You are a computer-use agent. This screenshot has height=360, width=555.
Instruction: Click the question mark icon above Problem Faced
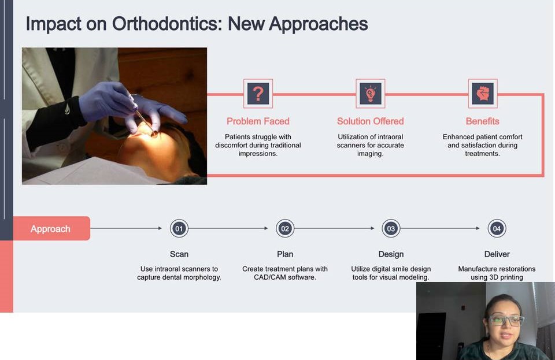pyautogui.click(x=258, y=94)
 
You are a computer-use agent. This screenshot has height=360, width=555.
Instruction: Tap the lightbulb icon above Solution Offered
pyautogui.click(x=370, y=94)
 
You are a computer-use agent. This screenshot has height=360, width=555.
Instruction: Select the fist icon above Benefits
pyautogui.click(x=482, y=94)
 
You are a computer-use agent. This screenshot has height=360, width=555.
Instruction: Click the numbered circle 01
pyautogui.click(x=179, y=228)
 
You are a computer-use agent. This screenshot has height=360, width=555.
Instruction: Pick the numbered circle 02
pyautogui.click(x=285, y=228)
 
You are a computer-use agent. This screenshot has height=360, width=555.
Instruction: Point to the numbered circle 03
pyautogui.click(x=391, y=228)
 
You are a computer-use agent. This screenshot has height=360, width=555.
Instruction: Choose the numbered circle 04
pyautogui.click(x=497, y=228)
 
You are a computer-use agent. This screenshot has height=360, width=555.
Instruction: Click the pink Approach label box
pyautogui.click(x=51, y=228)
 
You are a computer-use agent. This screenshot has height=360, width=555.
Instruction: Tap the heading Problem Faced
pyautogui.click(x=258, y=121)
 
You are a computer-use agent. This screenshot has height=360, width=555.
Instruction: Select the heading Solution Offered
pyautogui.click(x=370, y=121)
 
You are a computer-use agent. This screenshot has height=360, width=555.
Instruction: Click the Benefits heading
pyautogui.click(x=482, y=121)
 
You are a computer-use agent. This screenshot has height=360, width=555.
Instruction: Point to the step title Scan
pyautogui.click(x=179, y=254)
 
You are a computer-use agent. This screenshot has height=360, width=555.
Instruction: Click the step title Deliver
pyautogui.click(x=497, y=254)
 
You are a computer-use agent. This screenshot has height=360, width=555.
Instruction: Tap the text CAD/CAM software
pyautogui.click(x=285, y=277)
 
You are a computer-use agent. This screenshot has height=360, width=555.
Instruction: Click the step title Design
pyautogui.click(x=391, y=255)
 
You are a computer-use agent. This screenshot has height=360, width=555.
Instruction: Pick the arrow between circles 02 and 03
pyautogui.click(x=334, y=228)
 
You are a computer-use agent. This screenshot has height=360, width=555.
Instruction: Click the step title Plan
pyautogui.click(x=285, y=254)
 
